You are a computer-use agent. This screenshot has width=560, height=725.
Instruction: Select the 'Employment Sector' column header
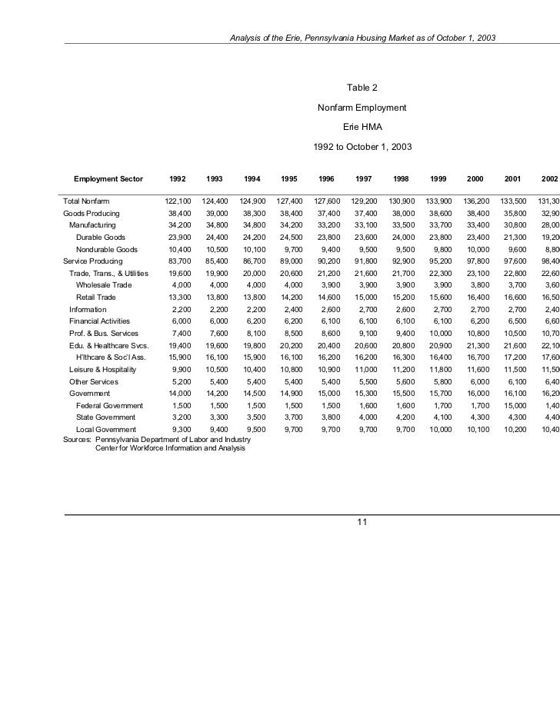tap(108, 178)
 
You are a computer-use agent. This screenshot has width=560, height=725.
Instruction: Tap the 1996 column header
tap(326, 178)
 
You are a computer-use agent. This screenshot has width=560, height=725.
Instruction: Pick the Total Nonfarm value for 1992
tap(178, 201)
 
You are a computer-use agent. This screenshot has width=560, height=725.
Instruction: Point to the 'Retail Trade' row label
tap(95, 298)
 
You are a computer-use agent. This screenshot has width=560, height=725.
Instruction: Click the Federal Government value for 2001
tap(513, 405)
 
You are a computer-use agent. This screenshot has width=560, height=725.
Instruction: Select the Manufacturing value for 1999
tap(438, 225)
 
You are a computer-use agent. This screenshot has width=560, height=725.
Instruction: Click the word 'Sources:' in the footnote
tap(76, 439)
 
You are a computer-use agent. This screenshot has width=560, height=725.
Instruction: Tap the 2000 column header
tap(475, 178)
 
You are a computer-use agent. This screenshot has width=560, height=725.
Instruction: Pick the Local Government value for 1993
tap(217, 429)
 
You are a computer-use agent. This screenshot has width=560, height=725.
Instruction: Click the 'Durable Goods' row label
tap(100, 238)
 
